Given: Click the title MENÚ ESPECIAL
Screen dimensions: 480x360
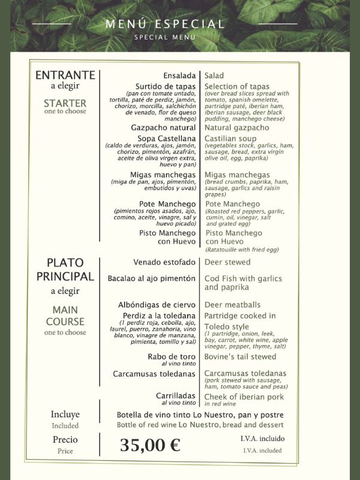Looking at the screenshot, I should [x=165, y=24].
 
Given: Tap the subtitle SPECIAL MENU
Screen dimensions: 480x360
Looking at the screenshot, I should [x=165, y=37].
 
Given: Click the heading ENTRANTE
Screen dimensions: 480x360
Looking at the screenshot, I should [x=65, y=75].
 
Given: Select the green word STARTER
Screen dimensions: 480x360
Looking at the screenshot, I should [x=65, y=103].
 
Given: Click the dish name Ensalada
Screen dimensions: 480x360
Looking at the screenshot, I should [x=179, y=76].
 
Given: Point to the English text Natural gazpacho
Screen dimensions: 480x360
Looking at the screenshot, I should [x=237, y=128].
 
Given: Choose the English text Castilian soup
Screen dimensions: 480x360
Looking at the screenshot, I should [x=231, y=139].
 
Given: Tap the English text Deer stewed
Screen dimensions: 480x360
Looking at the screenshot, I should [x=227, y=262].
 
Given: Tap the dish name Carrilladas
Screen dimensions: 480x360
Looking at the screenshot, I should [x=176, y=396].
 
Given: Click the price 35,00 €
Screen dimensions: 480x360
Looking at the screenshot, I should [x=150, y=445].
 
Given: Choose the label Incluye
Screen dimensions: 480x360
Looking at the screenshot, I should [x=65, y=415].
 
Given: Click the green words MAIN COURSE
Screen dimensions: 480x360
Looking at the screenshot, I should [x=65, y=315].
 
